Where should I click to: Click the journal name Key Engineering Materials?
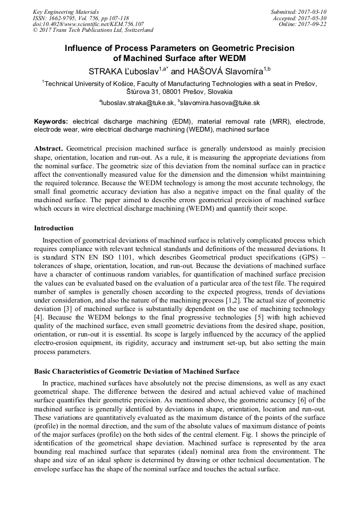point(66,12)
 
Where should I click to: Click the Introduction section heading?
point(54,228)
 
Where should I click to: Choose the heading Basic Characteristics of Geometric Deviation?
point(136,371)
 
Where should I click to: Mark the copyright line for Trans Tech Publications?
point(93,31)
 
